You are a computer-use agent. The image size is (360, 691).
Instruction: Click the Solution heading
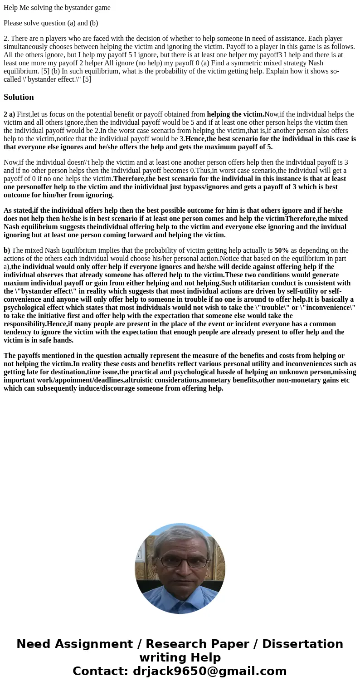pyautogui.click(x=19, y=97)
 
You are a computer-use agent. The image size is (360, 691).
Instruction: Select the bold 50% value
pyautogui.click(x=282, y=250)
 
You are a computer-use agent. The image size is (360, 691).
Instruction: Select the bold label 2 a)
pyautogui.click(x=10, y=114)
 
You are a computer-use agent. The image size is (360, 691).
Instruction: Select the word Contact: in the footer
pyautogui.click(x=100, y=671)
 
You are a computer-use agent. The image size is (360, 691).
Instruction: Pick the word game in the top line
pyautogui.click(x=102, y=8)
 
